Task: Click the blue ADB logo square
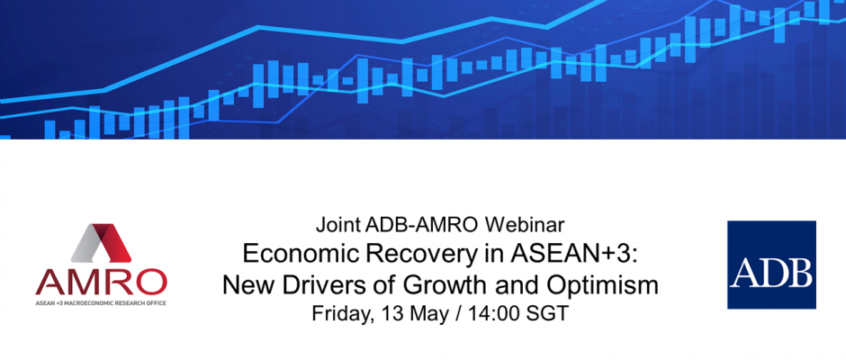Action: [x=771, y=265]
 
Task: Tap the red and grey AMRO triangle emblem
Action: [x=101, y=243]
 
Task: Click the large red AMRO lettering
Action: [x=102, y=281]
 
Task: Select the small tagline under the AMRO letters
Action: [x=102, y=302]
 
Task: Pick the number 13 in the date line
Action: [x=395, y=313]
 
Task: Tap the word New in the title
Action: [x=247, y=285]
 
